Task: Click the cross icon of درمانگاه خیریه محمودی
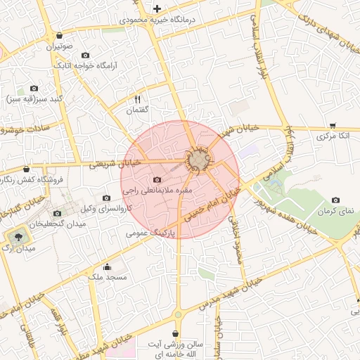pos(156,8)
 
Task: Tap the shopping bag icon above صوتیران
pos(60,34)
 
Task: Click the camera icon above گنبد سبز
pos(34,89)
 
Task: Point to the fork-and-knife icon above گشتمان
pos(138,100)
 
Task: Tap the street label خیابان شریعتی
pos(116,164)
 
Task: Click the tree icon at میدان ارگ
pos(16,236)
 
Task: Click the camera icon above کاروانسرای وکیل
pos(106,198)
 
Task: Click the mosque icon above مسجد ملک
pos(107,266)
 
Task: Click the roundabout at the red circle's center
pos(199,160)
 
